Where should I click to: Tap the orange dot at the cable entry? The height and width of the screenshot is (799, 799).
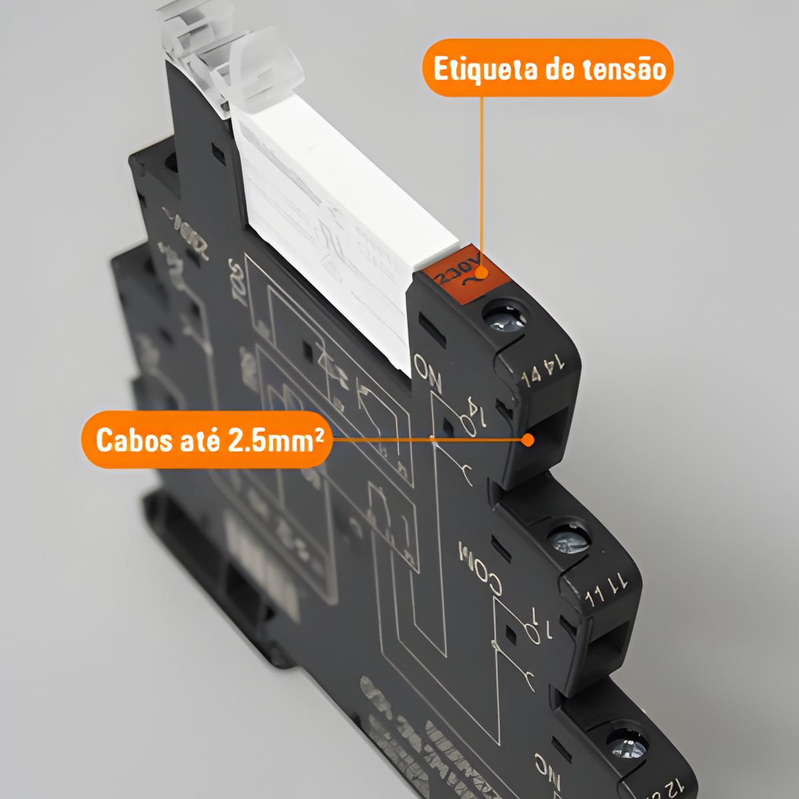click(x=528, y=440)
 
